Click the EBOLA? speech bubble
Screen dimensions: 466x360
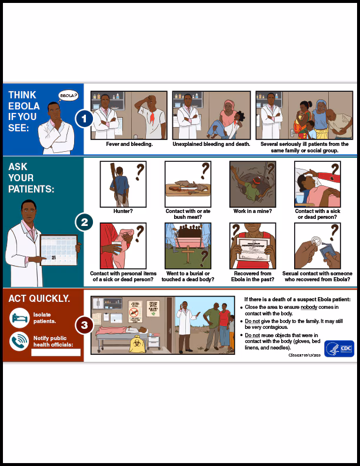click(x=68, y=96)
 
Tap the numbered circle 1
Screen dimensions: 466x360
click(x=84, y=119)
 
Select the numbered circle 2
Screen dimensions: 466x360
click(x=84, y=222)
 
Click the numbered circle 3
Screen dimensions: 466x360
click(x=84, y=324)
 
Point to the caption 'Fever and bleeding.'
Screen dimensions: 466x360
click(x=129, y=144)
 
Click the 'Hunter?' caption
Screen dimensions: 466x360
click(x=123, y=210)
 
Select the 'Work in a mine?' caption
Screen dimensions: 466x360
click(x=252, y=210)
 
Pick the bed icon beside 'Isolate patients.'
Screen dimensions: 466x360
click(x=19, y=318)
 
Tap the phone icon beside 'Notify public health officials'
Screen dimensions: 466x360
click(x=19, y=342)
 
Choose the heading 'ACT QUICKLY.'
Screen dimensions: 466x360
click(x=39, y=298)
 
